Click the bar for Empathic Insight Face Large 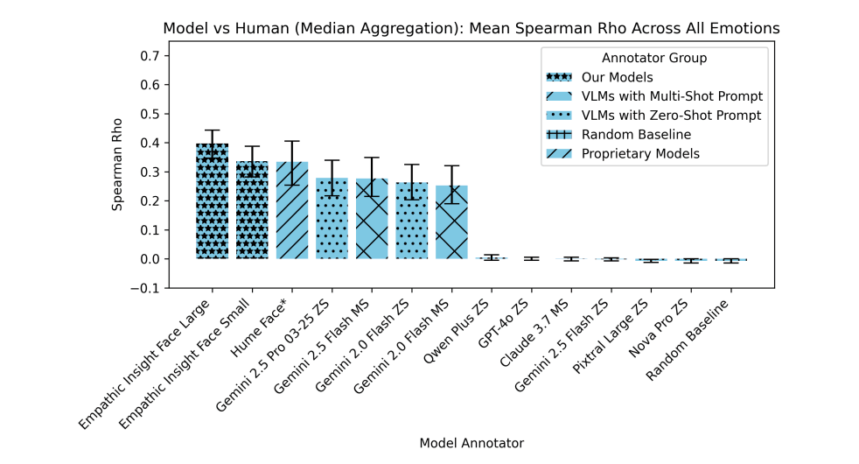tap(213, 201)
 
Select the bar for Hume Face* tap(292, 210)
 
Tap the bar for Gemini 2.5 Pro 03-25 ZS tap(332, 218)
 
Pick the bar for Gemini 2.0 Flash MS tap(451, 222)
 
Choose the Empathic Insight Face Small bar tap(253, 210)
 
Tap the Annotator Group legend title tap(654, 58)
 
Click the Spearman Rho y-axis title tap(119, 172)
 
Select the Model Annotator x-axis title tap(471, 443)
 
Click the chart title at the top tap(471, 28)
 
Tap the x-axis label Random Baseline tap(695, 340)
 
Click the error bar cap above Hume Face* tap(292, 141)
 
